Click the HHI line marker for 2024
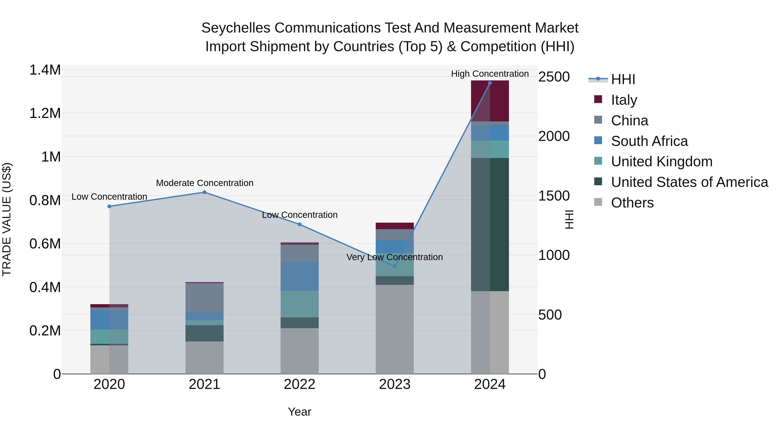coord(490,83)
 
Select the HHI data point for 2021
coord(204,192)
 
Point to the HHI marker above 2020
coord(109,206)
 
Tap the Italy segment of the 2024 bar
coord(490,101)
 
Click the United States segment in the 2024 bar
coord(490,224)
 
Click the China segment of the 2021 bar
coord(204,297)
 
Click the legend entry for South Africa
coord(649,141)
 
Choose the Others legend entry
coord(632,203)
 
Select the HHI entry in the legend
coord(623,79)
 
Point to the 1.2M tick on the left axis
coord(45,113)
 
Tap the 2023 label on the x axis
coord(395,384)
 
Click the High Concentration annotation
coord(490,74)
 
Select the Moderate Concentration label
coord(204,183)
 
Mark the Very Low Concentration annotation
coord(394,257)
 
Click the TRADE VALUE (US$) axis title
coord(7,219)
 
